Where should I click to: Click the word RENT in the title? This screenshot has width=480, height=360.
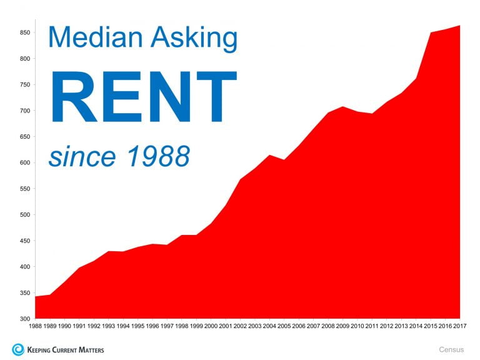[143, 97]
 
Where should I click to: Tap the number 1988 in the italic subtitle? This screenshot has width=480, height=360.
[158, 156]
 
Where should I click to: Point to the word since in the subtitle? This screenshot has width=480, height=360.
[82, 157]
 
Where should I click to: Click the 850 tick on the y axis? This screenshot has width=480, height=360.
[25, 32]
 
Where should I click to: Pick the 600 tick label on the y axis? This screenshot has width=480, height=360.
[25, 162]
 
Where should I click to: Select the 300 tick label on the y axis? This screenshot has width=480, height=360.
[25, 319]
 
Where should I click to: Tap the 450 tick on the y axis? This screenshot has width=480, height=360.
[25, 241]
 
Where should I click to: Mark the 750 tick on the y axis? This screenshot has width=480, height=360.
[25, 84]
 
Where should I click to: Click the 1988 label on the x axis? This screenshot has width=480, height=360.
[35, 326]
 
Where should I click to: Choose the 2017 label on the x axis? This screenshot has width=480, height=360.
[460, 326]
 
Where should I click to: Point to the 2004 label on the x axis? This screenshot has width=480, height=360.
[269, 326]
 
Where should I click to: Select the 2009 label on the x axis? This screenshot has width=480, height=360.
[342, 326]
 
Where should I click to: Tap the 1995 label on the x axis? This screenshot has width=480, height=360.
[137, 326]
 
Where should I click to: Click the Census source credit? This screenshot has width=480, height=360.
[451, 349]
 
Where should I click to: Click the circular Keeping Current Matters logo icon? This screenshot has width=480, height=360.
[18, 349]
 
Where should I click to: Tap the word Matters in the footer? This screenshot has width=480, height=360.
[91, 350]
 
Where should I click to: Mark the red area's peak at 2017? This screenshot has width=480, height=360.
[460, 26]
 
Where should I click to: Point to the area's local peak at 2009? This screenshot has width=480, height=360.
[342, 106]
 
